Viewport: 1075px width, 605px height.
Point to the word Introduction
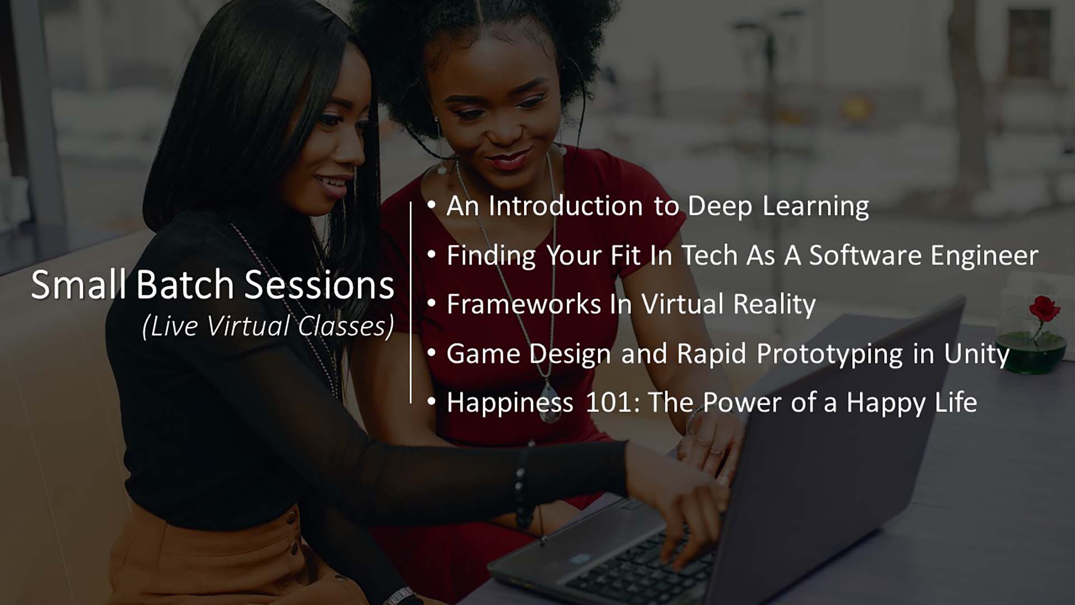(x=565, y=206)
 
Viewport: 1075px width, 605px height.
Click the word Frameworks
(x=524, y=304)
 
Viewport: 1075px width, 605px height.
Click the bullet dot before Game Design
(x=431, y=353)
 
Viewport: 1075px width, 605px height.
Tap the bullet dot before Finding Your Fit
(x=431, y=255)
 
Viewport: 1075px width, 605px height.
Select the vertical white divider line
(x=411, y=302)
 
